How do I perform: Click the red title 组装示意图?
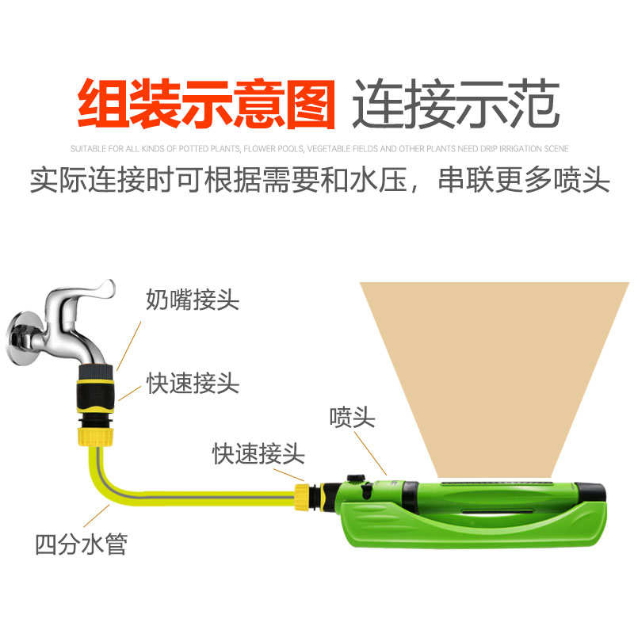pyautogui.click(x=205, y=104)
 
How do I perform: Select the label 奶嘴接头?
pyautogui.click(x=193, y=300)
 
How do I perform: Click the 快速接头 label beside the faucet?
pyautogui.click(x=193, y=384)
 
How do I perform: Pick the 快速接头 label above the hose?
pyautogui.click(x=258, y=453)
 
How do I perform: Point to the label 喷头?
pyautogui.click(x=352, y=418)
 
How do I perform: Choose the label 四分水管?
pyautogui.click(x=81, y=544)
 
